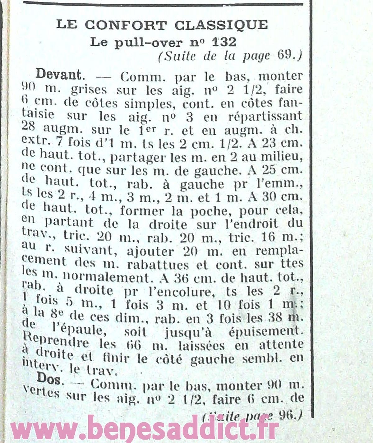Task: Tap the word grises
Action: (x=89, y=90)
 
